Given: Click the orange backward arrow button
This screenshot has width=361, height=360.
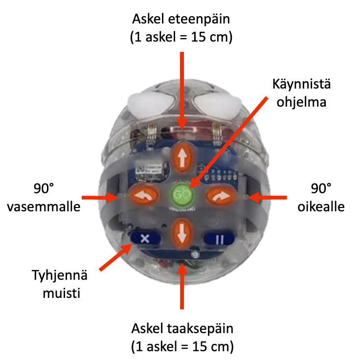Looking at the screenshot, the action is [x=182, y=234].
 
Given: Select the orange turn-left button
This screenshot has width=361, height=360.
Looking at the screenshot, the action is [x=144, y=196].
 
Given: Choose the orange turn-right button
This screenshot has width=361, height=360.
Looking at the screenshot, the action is [x=221, y=196].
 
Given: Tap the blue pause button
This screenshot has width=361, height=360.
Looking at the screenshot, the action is [x=219, y=239].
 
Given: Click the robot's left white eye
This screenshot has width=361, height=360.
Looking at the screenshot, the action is [x=151, y=104].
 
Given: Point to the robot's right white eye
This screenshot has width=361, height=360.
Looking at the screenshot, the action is [x=216, y=104].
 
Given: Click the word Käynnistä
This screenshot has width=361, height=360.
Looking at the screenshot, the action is [x=301, y=84].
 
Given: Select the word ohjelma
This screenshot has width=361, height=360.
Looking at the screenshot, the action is [x=301, y=102].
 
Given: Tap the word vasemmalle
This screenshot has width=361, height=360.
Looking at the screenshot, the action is [x=44, y=207].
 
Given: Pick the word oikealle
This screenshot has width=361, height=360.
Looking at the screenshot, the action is [x=321, y=207].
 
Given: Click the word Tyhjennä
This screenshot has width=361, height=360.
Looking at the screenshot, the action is [x=60, y=275].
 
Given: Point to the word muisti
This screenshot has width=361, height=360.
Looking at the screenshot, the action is [x=62, y=293].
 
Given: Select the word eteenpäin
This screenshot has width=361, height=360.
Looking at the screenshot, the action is [x=199, y=20].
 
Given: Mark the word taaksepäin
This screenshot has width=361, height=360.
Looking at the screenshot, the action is [x=200, y=329].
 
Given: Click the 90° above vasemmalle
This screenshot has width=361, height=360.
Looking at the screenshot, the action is [x=44, y=188].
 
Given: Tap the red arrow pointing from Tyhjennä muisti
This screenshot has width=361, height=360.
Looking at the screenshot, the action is [x=116, y=257].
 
